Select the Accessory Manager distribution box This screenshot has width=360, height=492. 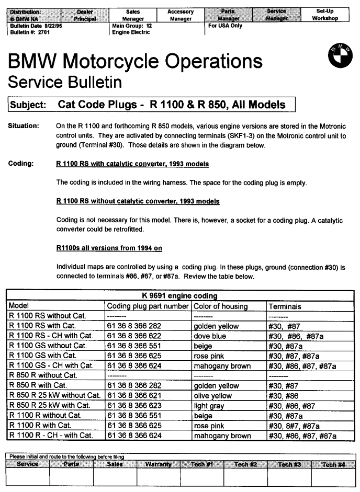181,15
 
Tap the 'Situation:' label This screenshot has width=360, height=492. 23,126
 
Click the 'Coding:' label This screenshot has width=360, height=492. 20,164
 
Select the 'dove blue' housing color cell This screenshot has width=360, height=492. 210,336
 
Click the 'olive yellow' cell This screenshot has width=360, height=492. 212,396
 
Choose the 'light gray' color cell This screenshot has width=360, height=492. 208,406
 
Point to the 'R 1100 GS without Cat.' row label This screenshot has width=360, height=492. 48,346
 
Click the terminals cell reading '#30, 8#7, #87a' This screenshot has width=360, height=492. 296,426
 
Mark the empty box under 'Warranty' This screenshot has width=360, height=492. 159,477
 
